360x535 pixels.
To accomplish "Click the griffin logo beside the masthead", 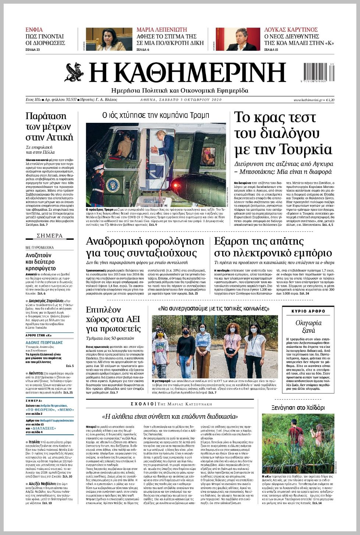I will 75,72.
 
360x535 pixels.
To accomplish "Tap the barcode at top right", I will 319,72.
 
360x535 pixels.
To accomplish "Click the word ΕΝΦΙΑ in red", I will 34,30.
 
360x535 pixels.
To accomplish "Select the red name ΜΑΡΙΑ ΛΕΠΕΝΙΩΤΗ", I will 162,30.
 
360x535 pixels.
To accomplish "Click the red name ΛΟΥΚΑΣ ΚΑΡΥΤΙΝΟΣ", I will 291,30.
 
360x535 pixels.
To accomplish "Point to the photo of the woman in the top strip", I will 109,39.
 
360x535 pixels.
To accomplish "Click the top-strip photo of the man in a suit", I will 238,39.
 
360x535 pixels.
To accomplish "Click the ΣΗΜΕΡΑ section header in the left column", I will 50,236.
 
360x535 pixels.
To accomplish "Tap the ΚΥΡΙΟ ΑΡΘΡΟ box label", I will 308,311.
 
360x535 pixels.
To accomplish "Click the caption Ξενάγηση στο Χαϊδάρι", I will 298,408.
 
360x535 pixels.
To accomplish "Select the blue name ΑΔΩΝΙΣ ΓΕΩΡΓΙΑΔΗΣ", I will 44,342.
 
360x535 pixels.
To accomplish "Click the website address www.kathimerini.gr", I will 308,100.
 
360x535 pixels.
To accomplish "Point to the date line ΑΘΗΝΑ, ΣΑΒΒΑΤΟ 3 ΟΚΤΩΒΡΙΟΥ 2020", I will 181,100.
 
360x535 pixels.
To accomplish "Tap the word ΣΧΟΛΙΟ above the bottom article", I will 142,404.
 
